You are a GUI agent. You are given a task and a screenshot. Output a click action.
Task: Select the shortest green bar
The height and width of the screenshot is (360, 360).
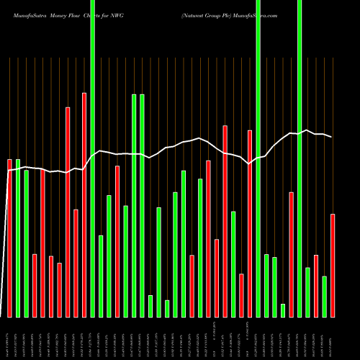pos(283,310)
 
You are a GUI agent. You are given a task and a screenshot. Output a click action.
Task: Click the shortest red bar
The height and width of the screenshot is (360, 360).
pos(242,295)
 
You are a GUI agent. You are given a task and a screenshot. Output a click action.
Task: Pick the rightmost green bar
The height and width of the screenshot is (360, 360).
pos(325,296)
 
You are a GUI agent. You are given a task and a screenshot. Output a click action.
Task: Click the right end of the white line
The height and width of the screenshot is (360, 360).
pos(331,137)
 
